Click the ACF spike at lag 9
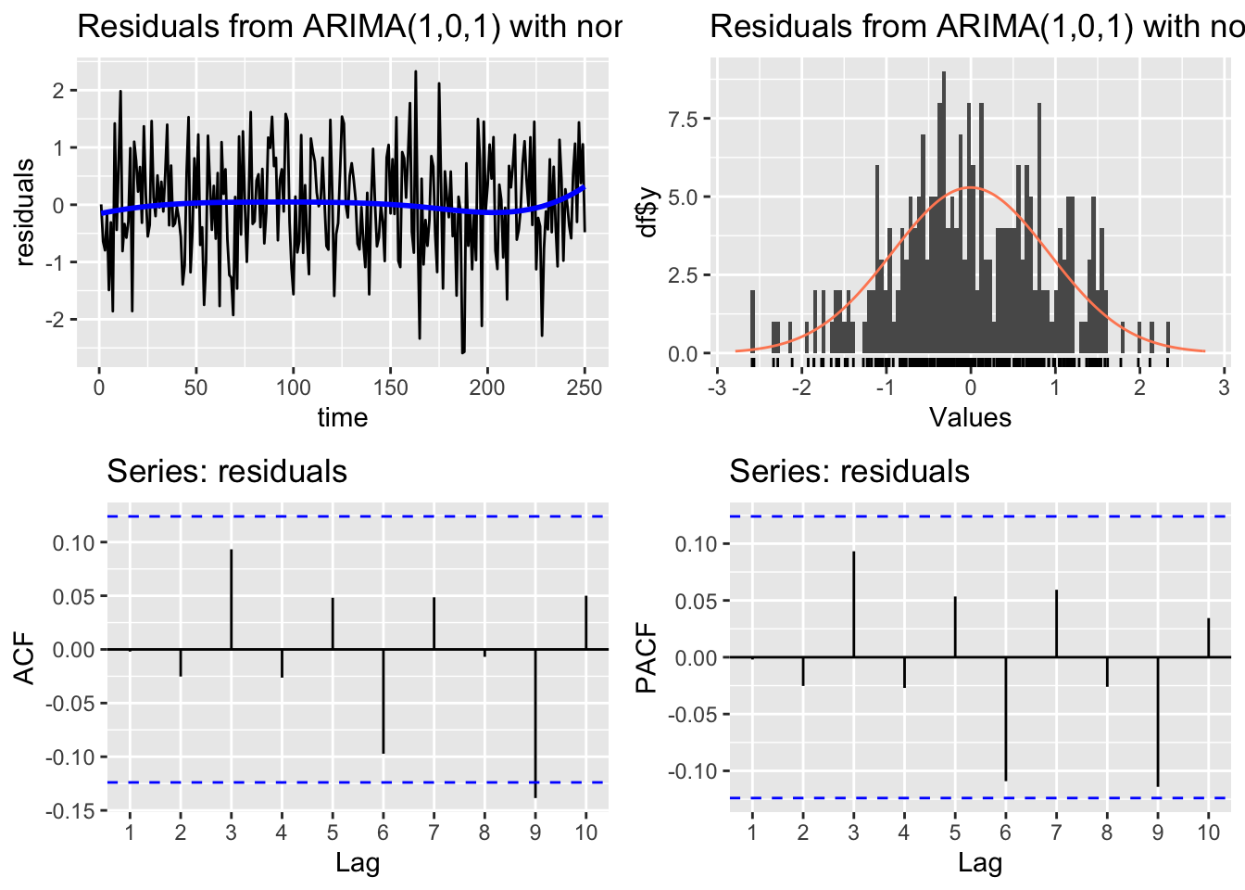(x=535, y=723)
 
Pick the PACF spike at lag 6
(x=1006, y=718)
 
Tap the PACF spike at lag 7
(x=1056, y=624)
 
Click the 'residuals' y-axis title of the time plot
(x=25, y=212)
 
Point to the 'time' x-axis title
(x=343, y=417)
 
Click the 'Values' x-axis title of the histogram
(x=970, y=417)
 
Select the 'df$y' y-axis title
(x=648, y=212)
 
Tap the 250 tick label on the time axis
(x=584, y=388)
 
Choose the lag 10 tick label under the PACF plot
(x=1208, y=833)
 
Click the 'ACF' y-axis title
(x=25, y=658)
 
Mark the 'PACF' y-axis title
(x=647, y=658)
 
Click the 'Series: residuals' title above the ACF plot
(x=227, y=472)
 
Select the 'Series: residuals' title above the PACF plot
(x=849, y=472)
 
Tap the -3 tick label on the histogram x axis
(x=716, y=388)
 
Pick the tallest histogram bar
(x=944, y=213)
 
